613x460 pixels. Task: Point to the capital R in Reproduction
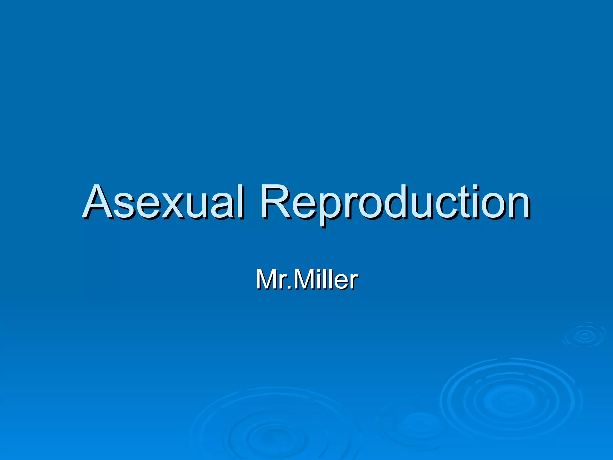[275, 201]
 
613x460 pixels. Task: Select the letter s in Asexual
[124, 207]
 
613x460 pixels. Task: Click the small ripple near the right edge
[584, 335]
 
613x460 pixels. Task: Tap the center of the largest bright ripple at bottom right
[509, 400]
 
